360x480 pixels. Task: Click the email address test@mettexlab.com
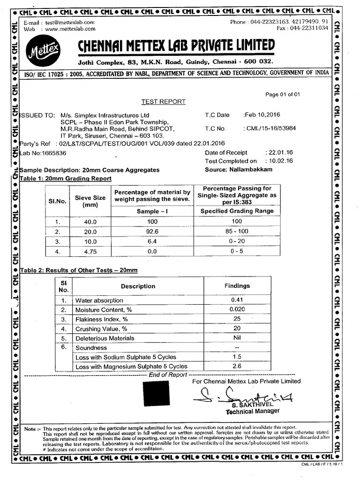(x=70, y=22)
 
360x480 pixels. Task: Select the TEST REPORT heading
(x=164, y=102)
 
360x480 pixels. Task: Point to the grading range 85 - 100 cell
(x=237, y=232)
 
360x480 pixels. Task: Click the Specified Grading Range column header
(x=237, y=211)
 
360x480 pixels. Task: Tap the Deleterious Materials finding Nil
(x=237, y=338)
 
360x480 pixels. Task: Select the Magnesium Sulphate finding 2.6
(x=237, y=366)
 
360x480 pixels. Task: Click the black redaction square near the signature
(x=157, y=393)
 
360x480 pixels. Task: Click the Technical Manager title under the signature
(x=253, y=411)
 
